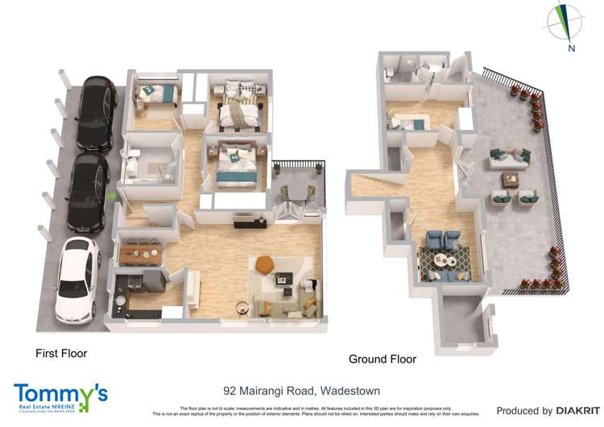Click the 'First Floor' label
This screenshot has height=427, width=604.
coord(61,353)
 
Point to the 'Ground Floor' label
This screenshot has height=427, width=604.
coord(382,359)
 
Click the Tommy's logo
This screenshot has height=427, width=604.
coord(60,396)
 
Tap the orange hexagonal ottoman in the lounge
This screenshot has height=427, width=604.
coord(266,263)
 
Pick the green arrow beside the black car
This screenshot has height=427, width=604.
coord(111,195)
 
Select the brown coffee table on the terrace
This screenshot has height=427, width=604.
coord(510,178)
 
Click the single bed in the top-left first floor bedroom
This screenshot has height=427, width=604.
coord(155,93)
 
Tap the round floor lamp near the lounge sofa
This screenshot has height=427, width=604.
coord(241,305)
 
